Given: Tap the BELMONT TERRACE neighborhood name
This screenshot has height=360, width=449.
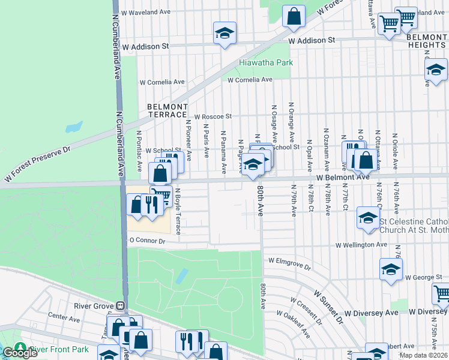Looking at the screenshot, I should (x=167, y=110).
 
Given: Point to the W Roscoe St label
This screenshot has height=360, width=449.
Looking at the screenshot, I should (x=212, y=116).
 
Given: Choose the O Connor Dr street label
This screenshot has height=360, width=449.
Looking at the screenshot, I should (x=146, y=241).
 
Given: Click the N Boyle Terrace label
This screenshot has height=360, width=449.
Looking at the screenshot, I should (x=178, y=211).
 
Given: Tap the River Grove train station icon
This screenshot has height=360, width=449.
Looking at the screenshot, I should (x=120, y=305).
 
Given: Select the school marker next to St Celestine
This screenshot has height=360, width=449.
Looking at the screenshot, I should (x=367, y=218).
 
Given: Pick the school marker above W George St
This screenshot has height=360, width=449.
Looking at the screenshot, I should (x=391, y=269).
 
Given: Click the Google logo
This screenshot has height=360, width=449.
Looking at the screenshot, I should (x=20, y=353).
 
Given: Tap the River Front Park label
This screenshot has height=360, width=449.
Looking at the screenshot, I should (x=59, y=349).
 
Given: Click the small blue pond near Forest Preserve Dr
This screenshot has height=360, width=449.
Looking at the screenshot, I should (x=74, y=127).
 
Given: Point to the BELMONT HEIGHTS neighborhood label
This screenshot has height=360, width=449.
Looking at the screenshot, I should (x=427, y=41).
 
